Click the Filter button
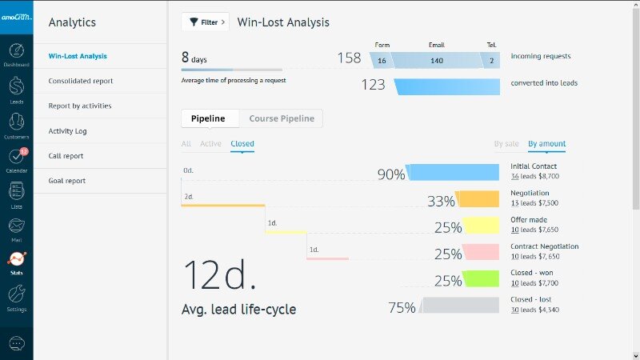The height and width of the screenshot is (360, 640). pos(205,22)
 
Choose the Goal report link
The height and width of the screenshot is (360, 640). pos(66,181)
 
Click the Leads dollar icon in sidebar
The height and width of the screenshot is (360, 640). pos(16,87)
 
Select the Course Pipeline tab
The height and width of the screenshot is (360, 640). pos(282,118)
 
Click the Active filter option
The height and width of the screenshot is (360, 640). pos(210,144)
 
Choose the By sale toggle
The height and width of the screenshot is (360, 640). pos(506,144)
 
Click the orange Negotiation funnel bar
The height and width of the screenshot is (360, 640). pos(478,200)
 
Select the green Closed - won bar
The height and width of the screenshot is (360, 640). pos(482,279)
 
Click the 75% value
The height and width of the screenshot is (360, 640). pos(402,307)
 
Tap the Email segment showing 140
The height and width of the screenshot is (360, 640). pos(437,60)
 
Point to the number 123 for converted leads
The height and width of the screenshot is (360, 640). pos(373,85)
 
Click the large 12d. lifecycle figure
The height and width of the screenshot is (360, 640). pos(220,275)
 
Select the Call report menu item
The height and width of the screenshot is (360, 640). pos(66,156)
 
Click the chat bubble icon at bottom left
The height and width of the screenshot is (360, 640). pos(16,343)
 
